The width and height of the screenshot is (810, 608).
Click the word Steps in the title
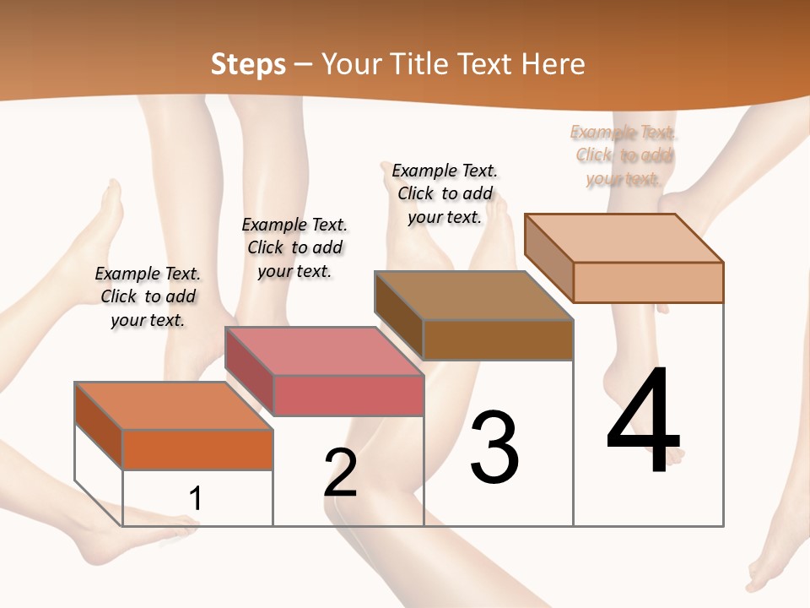[248, 65]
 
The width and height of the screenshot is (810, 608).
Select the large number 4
[644, 421]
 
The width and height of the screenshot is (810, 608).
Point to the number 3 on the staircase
[494, 448]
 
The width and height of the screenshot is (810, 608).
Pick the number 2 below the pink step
[341, 472]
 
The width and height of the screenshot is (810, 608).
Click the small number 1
[196, 498]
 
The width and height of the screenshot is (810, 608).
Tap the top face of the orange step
[173, 405]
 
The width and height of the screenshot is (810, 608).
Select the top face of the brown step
[473, 296]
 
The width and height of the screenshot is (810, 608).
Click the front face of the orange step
[197, 449]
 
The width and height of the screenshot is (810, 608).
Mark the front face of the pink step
[348, 395]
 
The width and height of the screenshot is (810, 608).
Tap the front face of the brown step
[498, 340]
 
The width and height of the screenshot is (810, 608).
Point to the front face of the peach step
[648, 282]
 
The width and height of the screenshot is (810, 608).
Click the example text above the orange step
[148, 296]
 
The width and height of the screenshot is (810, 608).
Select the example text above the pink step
[294, 247]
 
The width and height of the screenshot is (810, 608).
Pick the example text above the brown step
[445, 193]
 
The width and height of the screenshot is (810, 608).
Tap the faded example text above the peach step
[624, 155]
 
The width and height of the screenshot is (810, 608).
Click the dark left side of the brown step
[398, 315]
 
